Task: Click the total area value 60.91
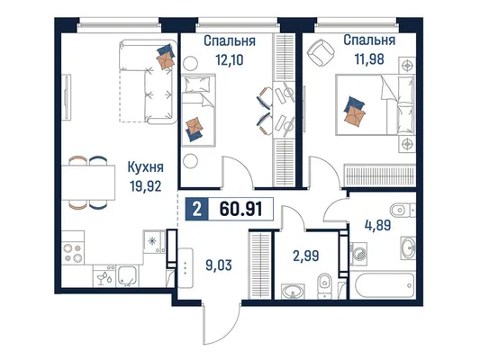(x=241, y=209)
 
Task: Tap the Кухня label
(x=145, y=167)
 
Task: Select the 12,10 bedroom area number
(x=230, y=60)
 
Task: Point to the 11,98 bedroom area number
(x=369, y=59)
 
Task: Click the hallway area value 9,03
(x=219, y=265)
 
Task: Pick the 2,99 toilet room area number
(x=306, y=256)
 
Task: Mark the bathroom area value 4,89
(x=377, y=225)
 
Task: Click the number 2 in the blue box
(x=197, y=210)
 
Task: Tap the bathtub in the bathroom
(x=383, y=285)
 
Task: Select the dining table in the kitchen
(x=88, y=183)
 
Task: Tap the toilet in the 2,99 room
(x=324, y=285)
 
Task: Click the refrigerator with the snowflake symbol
(x=155, y=241)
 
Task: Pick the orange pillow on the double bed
(x=355, y=115)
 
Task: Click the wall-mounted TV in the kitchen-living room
(x=66, y=97)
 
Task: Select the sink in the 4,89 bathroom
(x=408, y=248)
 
